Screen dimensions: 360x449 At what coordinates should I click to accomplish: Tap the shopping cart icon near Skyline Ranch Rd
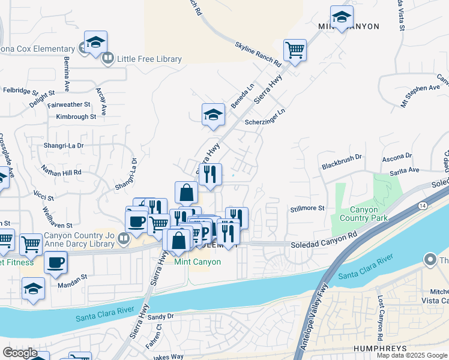click(x=295, y=50)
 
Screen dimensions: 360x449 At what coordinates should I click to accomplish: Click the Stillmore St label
click(x=307, y=209)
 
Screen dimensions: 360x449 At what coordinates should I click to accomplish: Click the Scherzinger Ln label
click(x=265, y=117)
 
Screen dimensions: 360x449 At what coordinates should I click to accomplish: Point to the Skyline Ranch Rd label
click(x=258, y=54)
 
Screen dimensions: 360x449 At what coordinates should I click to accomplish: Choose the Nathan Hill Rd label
click(x=61, y=171)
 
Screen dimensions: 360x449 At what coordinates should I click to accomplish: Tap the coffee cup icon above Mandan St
click(x=56, y=262)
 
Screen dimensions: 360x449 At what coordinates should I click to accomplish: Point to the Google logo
click(x=20, y=353)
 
